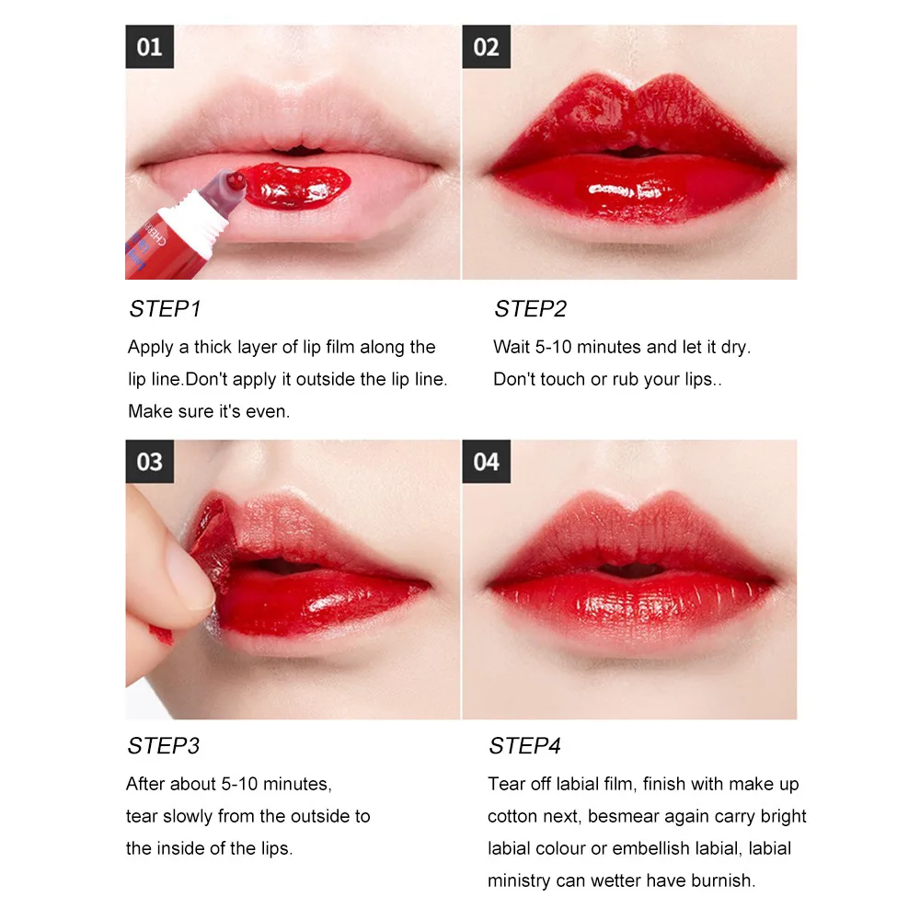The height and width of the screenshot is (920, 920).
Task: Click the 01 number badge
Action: click(149, 47)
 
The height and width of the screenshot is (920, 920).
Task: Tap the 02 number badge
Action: click(486, 47)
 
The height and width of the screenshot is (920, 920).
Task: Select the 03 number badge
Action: click(149, 462)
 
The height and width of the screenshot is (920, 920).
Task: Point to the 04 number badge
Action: click(486, 462)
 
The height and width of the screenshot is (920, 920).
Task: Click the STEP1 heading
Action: click(165, 309)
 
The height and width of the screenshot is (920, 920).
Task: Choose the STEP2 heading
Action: click(530, 309)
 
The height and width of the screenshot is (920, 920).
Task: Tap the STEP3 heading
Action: click(165, 745)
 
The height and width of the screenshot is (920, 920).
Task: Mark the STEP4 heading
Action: click(524, 745)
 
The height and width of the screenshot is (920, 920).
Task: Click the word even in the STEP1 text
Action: click(270, 411)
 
